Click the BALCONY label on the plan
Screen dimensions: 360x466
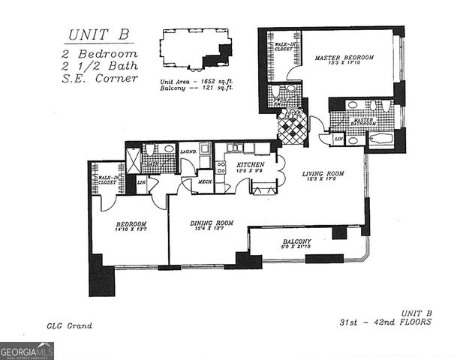point(297,241)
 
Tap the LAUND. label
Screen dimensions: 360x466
point(188,151)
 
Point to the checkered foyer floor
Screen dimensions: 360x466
point(291,131)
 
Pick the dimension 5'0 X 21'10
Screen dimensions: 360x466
point(297,248)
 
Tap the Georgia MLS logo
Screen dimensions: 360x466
point(27,350)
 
